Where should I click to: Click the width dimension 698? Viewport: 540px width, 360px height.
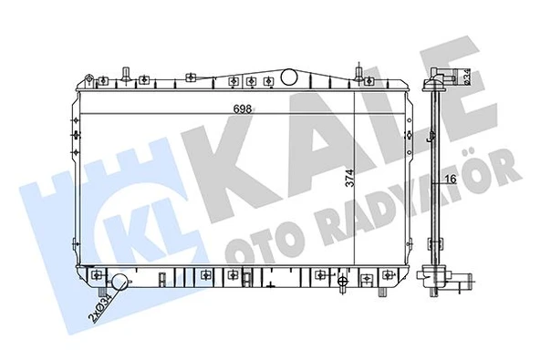(x=241, y=108)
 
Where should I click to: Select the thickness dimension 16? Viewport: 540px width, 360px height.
(x=451, y=179)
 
